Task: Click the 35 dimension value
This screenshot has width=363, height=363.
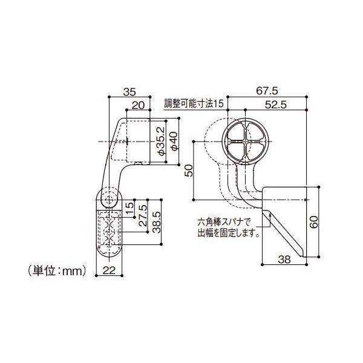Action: (x=129, y=92)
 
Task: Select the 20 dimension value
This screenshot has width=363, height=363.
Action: (x=138, y=105)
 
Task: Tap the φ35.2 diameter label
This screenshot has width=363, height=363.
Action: (x=162, y=141)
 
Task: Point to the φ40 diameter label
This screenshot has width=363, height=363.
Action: (x=174, y=141)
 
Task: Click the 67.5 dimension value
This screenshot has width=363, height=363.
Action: (x=267, y=91)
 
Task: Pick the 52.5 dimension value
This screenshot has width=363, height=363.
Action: (x=275, y=105)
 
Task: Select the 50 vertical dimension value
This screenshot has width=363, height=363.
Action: (x=189, y=171)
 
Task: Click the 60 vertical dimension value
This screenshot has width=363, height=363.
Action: (x=313, y=222)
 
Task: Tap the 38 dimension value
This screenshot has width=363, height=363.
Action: (x=284, y=260)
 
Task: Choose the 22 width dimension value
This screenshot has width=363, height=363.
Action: (x=109, y=270)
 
